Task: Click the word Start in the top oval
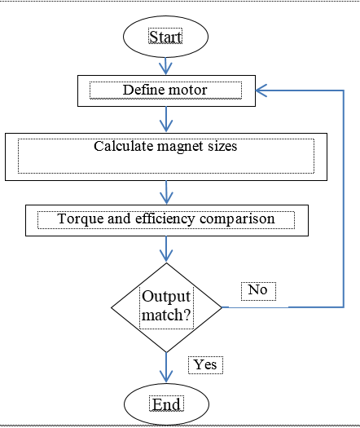[165, 37]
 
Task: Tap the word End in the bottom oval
[166, 404]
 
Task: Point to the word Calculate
[124, 146]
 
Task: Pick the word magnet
[180, 147]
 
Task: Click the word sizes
[222, 146]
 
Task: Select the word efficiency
[165, 219]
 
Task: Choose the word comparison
[237, 219]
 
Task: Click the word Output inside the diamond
[166, 297]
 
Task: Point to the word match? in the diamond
[166, 315]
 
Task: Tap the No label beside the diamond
[257, 289]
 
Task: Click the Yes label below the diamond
[205, 364]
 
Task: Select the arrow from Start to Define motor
[165, 66]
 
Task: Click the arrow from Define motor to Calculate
[166, 119]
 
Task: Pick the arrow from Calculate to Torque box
[166, 192]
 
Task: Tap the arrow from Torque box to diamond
[166, 249]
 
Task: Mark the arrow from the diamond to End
[166, 368]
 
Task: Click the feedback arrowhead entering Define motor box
[261, 90]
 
